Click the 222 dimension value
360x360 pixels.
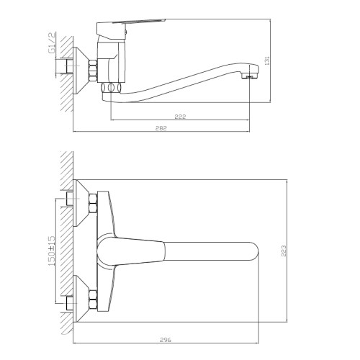click(180, 117)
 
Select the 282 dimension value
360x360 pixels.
click(161, 128)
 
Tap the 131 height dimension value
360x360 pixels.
click(268, 60)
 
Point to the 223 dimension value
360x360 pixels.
click(284, 251)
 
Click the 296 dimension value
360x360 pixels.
click(166, 340)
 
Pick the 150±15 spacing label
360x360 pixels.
click(52, 251)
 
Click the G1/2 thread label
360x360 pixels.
click(52, 42)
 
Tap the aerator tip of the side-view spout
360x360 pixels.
click(251, 76)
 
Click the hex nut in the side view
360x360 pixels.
click(93, 71)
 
